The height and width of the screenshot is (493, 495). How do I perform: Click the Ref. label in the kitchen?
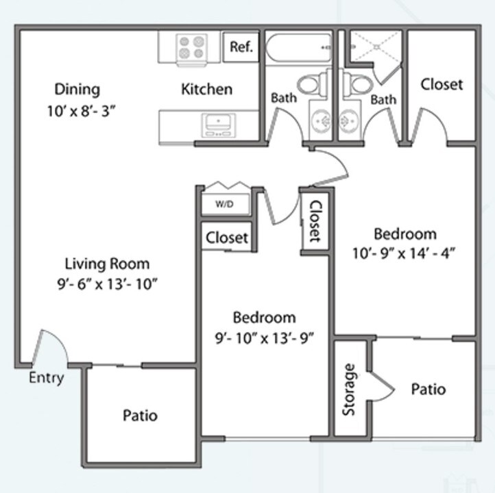241,47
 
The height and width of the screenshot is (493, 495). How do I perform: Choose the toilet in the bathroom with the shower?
356,84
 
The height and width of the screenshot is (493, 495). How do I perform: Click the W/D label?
224,204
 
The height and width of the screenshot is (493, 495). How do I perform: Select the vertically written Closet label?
315,221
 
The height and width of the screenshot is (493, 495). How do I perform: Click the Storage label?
349,390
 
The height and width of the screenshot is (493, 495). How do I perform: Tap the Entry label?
47,378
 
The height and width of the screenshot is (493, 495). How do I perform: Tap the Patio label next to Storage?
428,389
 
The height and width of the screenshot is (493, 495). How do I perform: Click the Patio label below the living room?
140,415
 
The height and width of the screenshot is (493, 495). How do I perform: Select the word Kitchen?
206,89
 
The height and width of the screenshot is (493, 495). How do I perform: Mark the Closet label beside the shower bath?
442,84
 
